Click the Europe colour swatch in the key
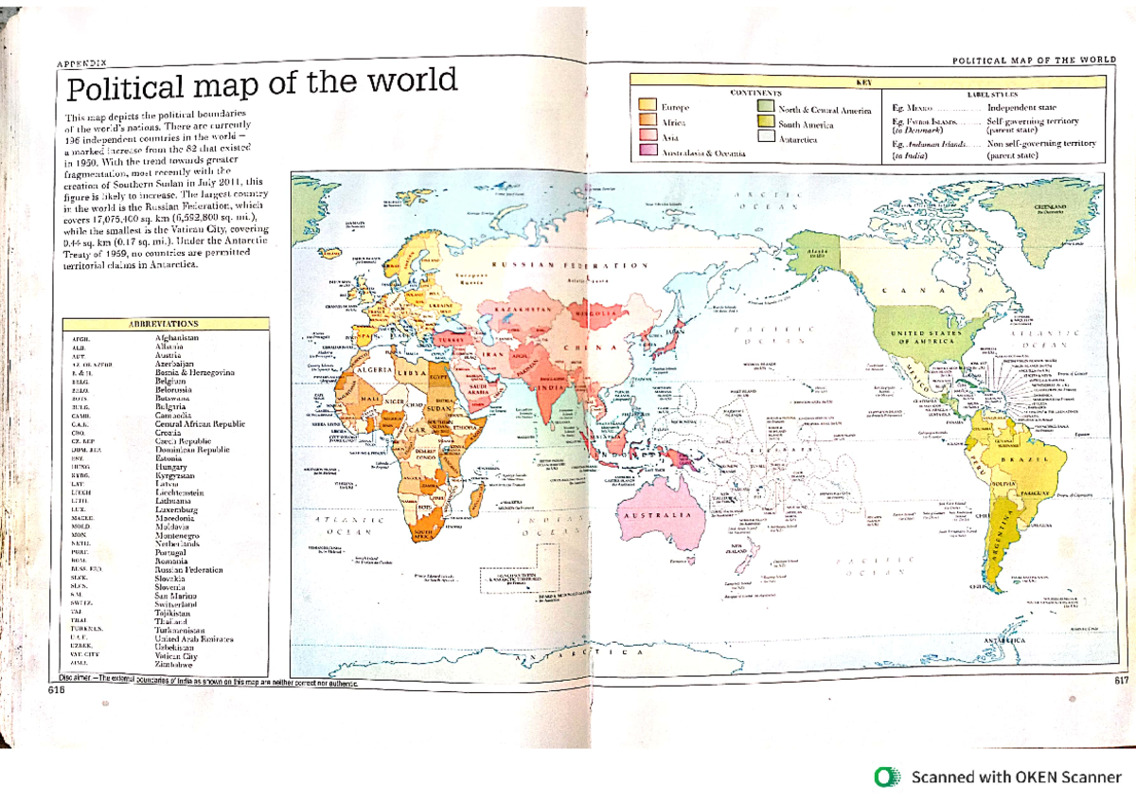point(648,105)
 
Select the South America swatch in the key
point(765,123)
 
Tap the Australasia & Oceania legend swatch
point(648,150)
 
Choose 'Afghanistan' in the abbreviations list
point(177,337)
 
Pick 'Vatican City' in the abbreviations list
point(176,655)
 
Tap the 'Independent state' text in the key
point(1021,108)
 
